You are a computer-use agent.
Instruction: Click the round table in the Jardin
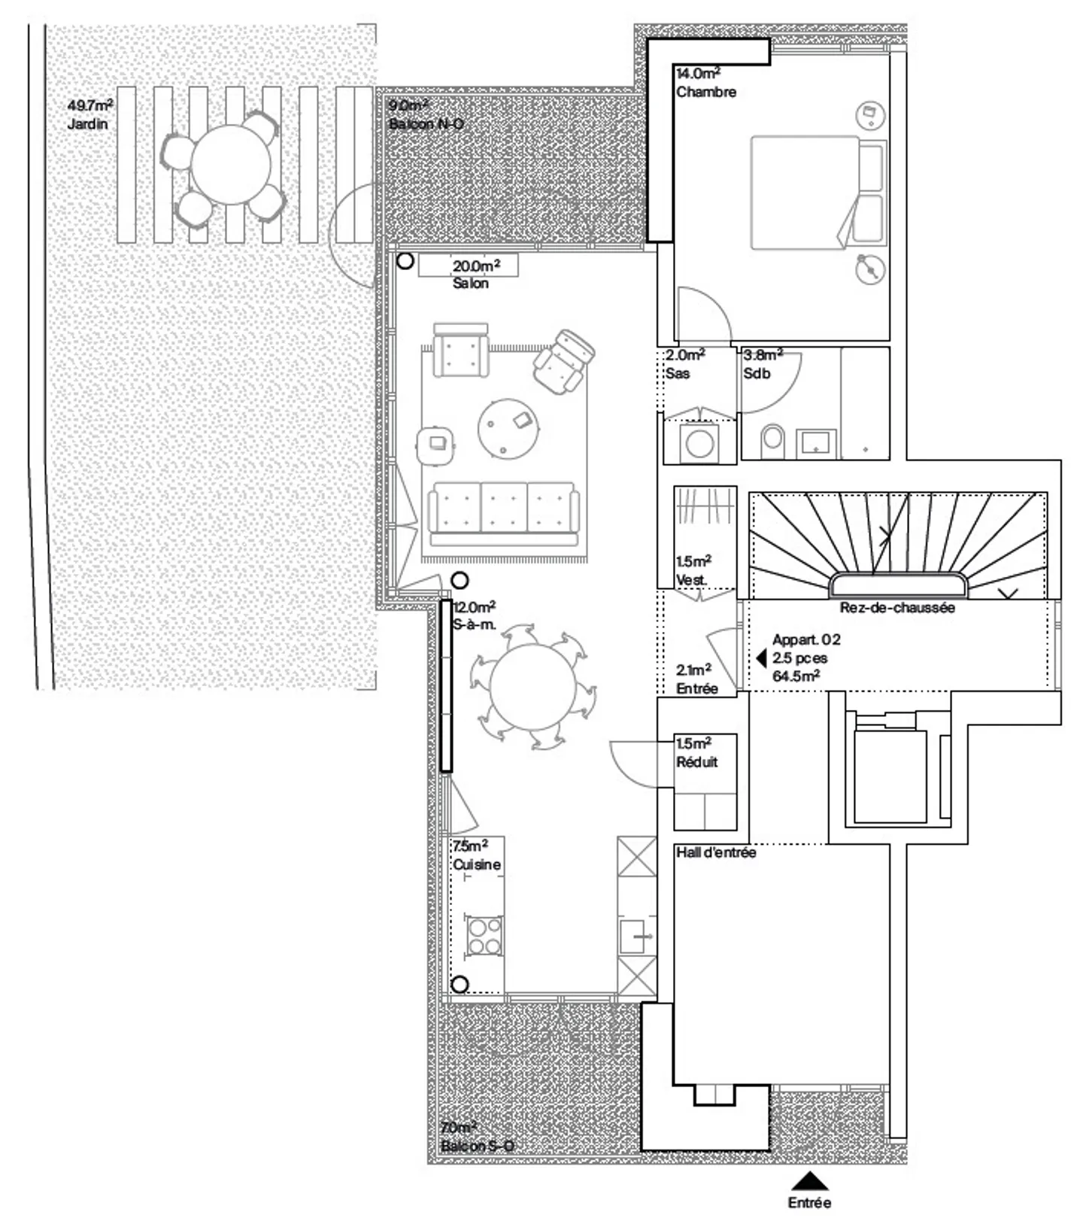[x=231, y=164]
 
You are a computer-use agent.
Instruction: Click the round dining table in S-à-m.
[x=532, y=686]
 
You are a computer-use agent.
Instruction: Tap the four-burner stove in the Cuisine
[x=484, y=936]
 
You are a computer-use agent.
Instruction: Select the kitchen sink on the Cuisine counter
[x=636, y=937]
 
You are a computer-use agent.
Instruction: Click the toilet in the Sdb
[x=772, y=442]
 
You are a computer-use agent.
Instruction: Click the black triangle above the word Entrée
[x=809, y=1181]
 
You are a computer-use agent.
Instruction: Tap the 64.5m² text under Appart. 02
[x=796, y=676]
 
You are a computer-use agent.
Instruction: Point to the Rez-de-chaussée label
[x=897, y=608]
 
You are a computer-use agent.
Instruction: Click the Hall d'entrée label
[x=716, y=853]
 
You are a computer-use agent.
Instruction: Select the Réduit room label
[x=697, y=762]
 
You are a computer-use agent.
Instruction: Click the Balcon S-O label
[x=478, y=1146]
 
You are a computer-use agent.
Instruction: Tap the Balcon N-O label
[x=426, y=124]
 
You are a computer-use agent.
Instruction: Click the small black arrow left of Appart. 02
[x=761, y=659]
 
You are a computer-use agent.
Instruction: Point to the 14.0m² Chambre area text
[x=698, y=74]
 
